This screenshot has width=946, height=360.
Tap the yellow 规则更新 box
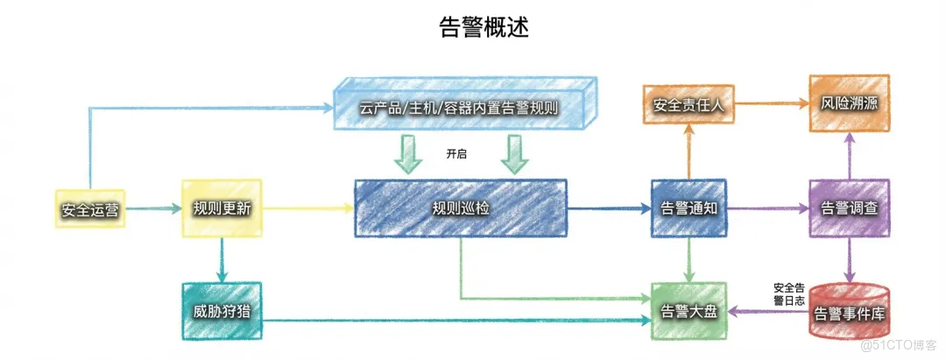pos(221,208)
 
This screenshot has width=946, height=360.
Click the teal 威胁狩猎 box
pos(221,312)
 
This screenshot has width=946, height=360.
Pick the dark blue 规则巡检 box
pos(460,208)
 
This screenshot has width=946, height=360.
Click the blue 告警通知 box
pos(689,208)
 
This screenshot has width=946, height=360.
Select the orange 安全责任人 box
pos(688,105)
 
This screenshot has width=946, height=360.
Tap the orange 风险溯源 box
pos(849,104)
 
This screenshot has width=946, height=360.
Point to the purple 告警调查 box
pos(849,208)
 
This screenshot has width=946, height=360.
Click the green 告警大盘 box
pos(690,312)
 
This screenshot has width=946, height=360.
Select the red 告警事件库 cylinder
pos(849,312)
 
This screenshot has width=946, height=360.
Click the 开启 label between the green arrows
pos(456,154)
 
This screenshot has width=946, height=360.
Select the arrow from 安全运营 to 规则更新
pos(151,209)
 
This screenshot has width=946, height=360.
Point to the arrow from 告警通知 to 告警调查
pos(767,209)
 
